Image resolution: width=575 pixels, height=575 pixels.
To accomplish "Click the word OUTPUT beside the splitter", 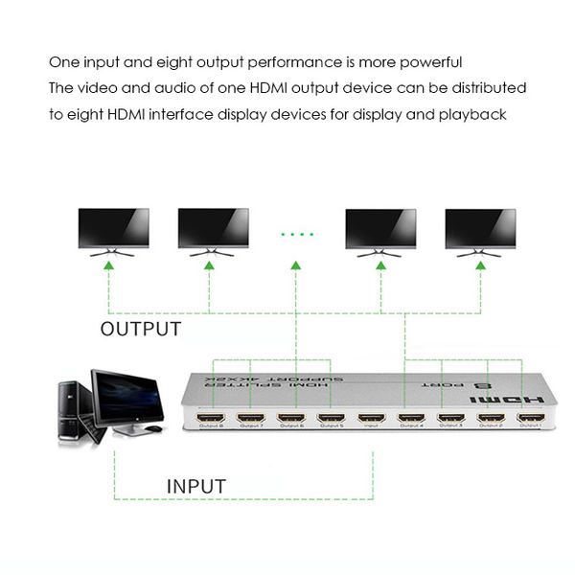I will click(x=141, y=330).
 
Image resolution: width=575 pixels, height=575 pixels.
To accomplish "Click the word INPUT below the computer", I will click(x=196, y=486).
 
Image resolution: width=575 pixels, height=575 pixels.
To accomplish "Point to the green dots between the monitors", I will click(x=297, y=234).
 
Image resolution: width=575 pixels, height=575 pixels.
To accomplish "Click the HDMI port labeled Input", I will click(x=371, y=418).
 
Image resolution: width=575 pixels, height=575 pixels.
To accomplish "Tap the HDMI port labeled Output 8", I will click(x=211, y=418).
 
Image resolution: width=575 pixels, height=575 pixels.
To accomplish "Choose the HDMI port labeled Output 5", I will click(x=331, y=418).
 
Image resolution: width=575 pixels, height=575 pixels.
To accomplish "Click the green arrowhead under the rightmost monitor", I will click(x=480, y=264).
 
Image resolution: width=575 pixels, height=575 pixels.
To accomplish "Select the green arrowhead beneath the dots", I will click(x=297, y=264).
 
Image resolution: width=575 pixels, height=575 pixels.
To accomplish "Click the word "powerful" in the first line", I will click(x=430, y=62).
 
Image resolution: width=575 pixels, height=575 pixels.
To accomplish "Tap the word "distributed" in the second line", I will click(x=483, y=88).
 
